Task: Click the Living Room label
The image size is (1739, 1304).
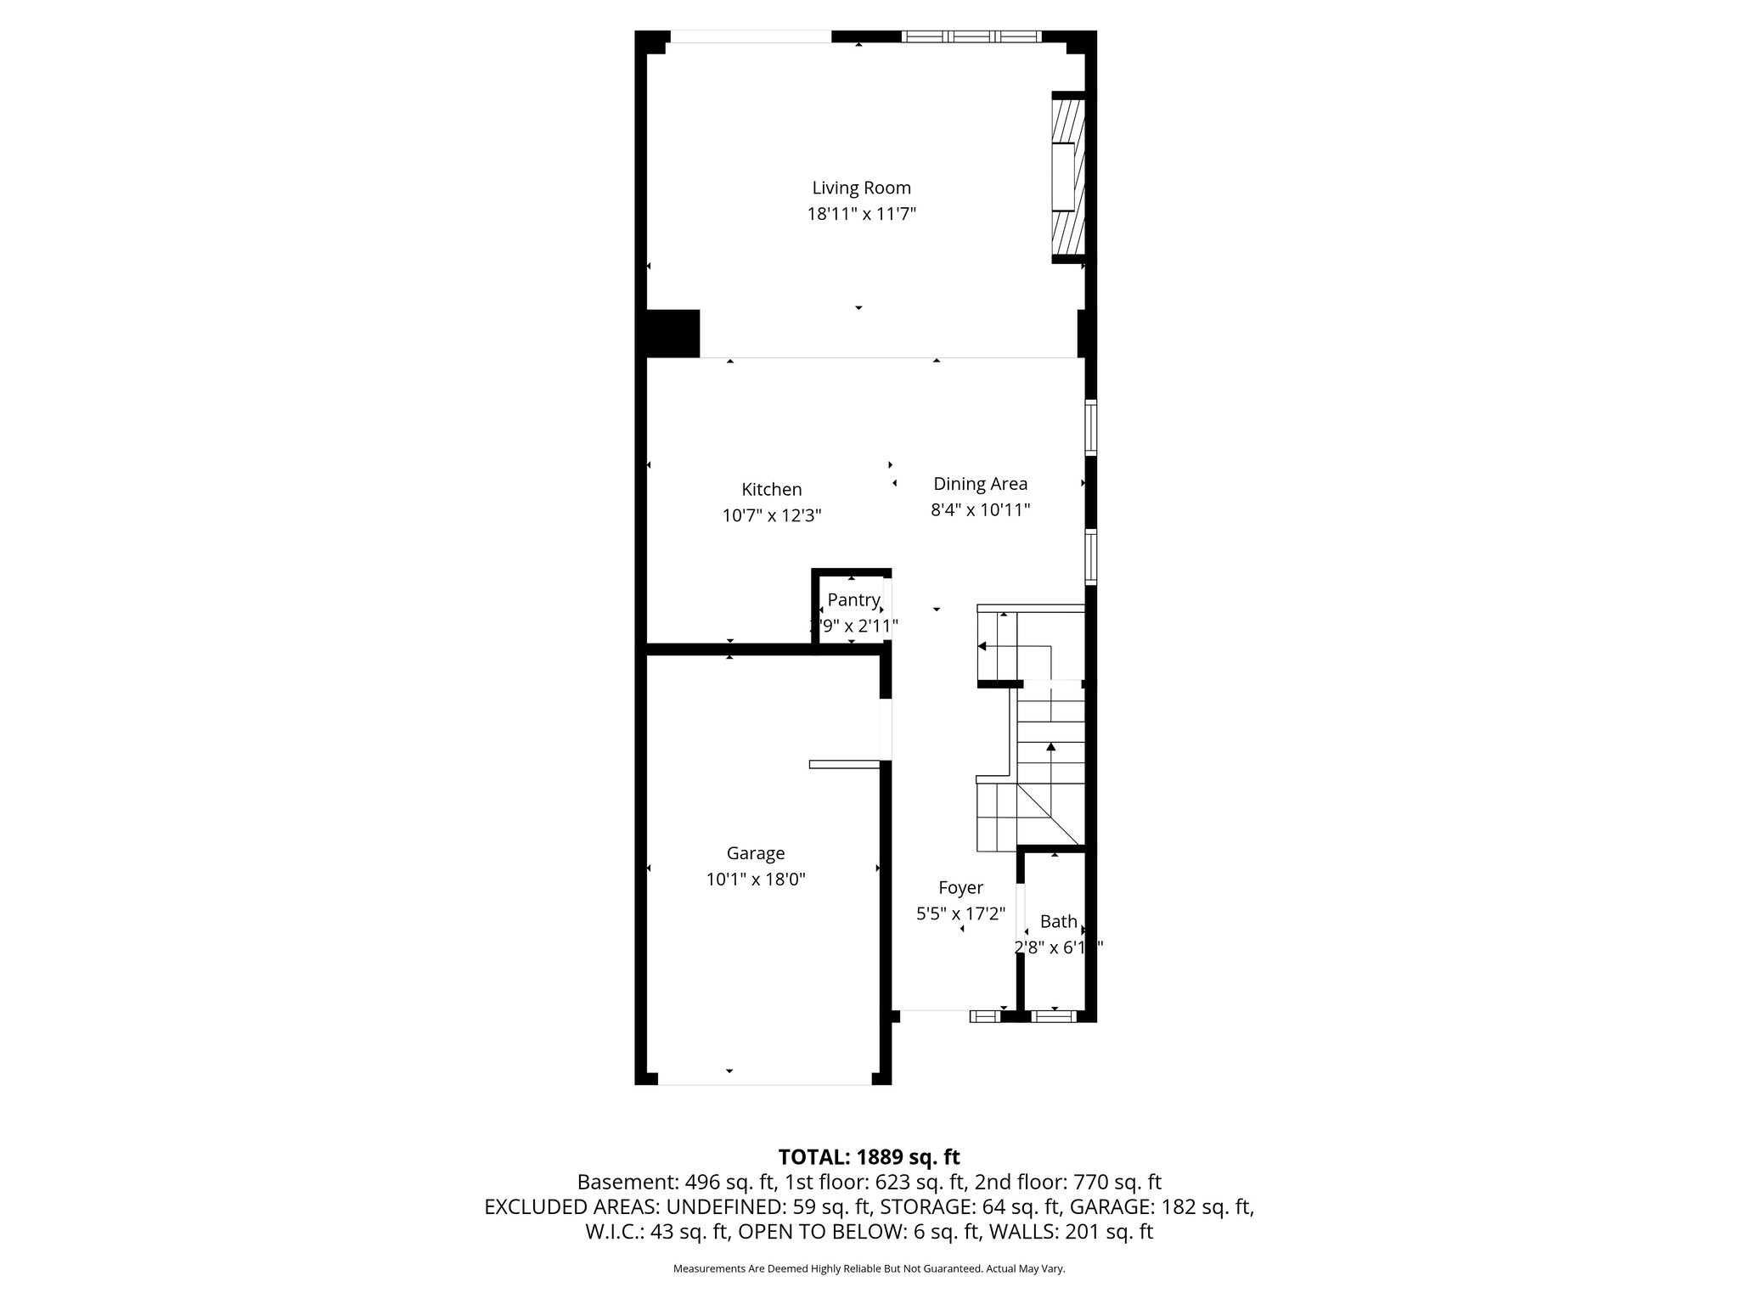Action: [x=861, y=188]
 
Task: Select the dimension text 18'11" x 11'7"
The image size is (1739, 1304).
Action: [x=861, y=214]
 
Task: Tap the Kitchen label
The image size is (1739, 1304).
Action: [x=771, y=489]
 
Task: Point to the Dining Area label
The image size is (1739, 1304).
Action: [x=980, y=484]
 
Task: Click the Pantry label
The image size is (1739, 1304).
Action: [x=853, y=600]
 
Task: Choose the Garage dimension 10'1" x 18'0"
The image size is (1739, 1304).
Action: [x=755, y=880]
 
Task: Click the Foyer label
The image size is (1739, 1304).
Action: [x=960, y=888]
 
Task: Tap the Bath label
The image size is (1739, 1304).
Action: [x=1058, y=921]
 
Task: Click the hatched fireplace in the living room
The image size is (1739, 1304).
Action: [x=1067, y=177]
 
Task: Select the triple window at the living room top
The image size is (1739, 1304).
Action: [x=971, y=37]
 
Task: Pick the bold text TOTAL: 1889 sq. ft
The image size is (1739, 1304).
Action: [x=869, y=1157]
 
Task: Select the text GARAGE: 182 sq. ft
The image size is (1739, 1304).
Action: [x=1161, y=1206]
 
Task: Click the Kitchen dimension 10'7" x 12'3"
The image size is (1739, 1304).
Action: [x=771, y=515]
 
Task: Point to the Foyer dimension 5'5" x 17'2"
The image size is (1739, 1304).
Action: [x=960, y=914]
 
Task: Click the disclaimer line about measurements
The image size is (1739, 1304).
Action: [x=869, y=1269]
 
